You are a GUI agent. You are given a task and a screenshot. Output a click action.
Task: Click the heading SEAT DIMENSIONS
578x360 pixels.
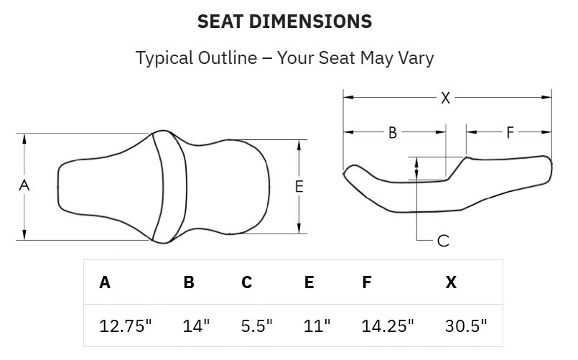(x=284, y=22)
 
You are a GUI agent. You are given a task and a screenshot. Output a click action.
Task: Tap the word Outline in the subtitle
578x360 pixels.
(x=228, y=58)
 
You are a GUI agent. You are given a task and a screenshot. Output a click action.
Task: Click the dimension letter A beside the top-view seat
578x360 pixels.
(x=24, y=185)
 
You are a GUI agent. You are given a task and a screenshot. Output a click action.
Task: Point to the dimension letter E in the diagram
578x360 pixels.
(x=299, y=187)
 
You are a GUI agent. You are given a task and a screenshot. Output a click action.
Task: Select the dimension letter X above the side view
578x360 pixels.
(x=445, y=98)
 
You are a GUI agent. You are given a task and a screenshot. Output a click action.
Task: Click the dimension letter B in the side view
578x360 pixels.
(x=393, y=133)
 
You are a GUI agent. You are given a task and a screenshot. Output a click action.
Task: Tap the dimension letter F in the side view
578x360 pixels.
(x=510, y=132)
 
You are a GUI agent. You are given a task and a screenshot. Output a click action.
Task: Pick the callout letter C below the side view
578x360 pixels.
(x=443, y=241)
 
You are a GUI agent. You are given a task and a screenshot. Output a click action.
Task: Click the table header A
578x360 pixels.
(x=105, y=282)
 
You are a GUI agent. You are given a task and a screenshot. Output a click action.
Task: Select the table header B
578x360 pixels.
(x=189, y=282)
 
